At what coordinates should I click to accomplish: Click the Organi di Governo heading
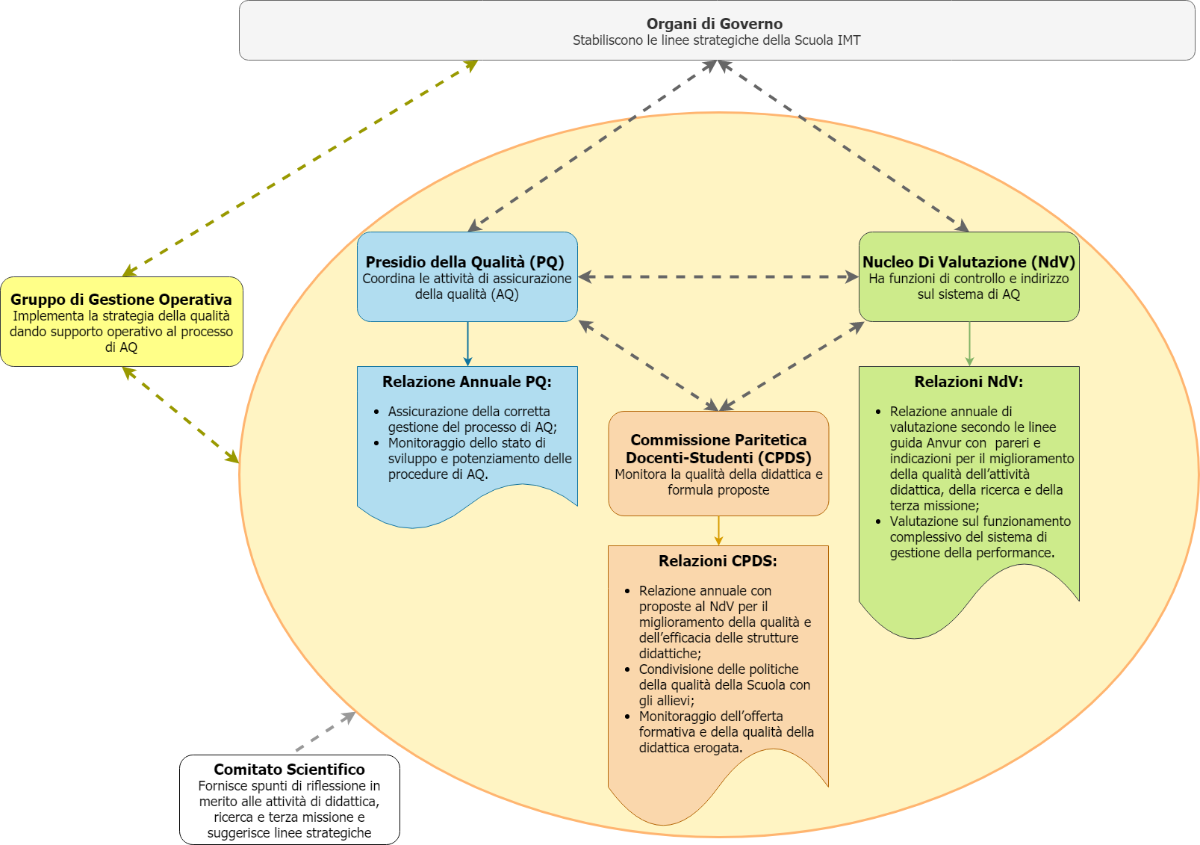click(714, 24)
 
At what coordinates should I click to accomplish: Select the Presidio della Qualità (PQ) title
click(465, 262)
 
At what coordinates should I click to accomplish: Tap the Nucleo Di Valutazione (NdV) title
click(969, 262)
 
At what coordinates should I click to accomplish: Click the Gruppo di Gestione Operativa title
click(121, 299)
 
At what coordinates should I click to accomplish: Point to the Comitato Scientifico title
click(289, 769)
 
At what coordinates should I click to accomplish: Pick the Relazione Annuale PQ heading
click(467, 382)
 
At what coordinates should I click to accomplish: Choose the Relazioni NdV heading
click(969, 382)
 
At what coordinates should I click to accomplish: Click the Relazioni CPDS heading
click(718, 561)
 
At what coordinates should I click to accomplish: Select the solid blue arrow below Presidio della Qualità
click(467, 344)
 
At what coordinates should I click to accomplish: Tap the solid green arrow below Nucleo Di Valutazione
click(969, 344)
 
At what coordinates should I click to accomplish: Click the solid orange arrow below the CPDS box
click(718, 531)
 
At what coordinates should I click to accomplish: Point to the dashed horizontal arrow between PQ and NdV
click(718, 277)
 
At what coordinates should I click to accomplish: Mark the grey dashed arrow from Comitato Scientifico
click(326, 731)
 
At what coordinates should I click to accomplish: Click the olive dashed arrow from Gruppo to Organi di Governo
click(300, 168)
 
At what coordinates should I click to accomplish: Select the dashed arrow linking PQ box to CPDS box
click(648, 366)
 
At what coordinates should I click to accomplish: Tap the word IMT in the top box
click(848, 40)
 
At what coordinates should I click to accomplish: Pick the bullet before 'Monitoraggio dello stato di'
click(376, 443)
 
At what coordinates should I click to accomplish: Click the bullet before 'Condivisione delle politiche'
click(627, 669)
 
